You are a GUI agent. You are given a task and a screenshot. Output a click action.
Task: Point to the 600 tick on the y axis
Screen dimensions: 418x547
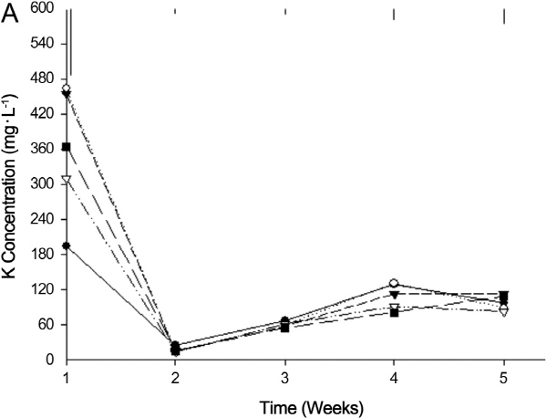coord(43,6)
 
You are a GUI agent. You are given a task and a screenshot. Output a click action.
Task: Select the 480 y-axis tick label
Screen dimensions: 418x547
coord(43,78)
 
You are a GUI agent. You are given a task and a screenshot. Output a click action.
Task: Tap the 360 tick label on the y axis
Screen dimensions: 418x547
coord(43,148)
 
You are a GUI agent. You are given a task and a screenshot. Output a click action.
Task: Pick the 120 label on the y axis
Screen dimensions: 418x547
coord(43,289)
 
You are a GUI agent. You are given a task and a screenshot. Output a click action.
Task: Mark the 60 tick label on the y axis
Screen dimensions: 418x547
coord(46,325)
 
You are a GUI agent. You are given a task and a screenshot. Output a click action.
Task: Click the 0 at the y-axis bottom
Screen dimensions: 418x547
coord(52,360)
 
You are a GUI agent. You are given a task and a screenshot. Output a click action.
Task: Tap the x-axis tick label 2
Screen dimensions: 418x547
coord(175,377)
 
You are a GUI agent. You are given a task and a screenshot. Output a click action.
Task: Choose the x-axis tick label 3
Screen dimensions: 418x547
coord(284,377)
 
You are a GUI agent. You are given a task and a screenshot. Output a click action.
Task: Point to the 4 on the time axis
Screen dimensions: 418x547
coord(394,377)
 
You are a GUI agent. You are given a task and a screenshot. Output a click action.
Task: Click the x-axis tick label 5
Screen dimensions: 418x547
coord(503,377)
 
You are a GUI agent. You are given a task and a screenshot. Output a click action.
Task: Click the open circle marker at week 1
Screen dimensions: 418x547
coord(66,89)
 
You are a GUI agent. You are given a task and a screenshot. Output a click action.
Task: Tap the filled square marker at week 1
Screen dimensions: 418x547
coord(66,146)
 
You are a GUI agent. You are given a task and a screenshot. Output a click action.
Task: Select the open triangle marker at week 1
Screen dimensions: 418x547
coord(66,179)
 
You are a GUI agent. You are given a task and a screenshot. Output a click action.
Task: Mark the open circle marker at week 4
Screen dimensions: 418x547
coord(394,284)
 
